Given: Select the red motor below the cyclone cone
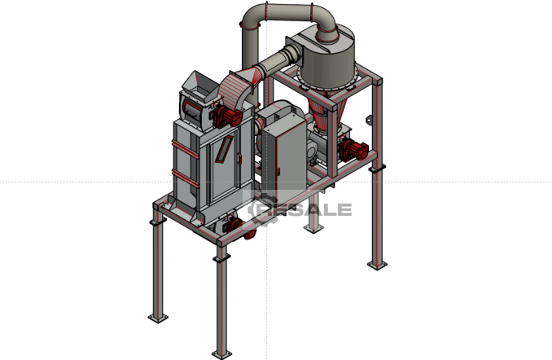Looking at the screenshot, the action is (353, 149).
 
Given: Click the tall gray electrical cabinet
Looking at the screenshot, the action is (284, 157).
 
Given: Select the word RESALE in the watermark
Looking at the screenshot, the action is (302, 209).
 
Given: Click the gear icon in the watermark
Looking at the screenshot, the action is (260, 210).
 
